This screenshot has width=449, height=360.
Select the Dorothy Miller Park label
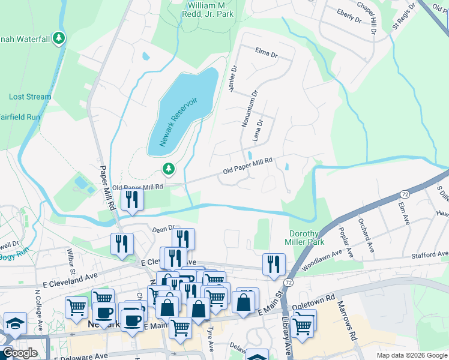tap(307, 238)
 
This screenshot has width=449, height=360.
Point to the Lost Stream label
tap(30, 97)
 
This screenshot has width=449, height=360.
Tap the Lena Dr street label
tap(259, 130)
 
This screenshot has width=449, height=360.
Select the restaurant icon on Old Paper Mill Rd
tap(131, 199)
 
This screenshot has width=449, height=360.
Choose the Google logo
tap(20, 353)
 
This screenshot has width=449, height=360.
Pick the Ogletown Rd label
tap(313, 302)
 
